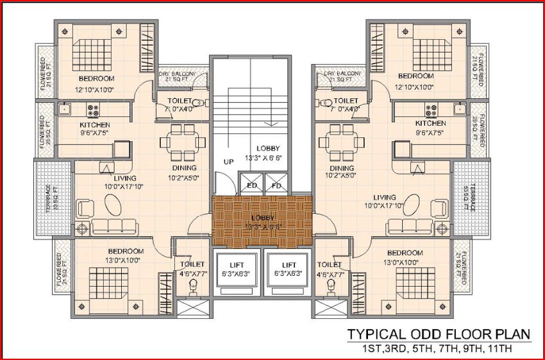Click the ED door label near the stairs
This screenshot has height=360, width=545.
tap(251, 186)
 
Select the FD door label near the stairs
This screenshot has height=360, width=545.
tap(276, 186)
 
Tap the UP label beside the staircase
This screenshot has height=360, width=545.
tap(228, 162)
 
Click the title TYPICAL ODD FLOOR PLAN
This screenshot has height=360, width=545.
tap(439, 334)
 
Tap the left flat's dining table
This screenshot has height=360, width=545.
tap(180, 139)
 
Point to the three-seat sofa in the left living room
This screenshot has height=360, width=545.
tap(114, 226)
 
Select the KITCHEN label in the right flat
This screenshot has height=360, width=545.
tap(430, 123)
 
